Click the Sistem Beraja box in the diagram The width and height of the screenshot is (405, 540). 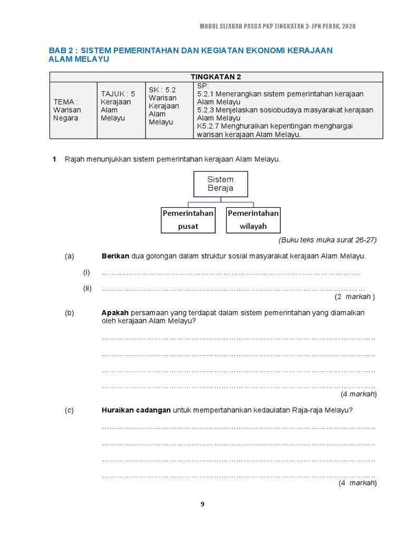[220, 184]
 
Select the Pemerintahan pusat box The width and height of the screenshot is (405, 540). [188, 219]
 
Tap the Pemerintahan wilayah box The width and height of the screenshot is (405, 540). [253, 219]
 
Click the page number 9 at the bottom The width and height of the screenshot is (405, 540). [202, 504]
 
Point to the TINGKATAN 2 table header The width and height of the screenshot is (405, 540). [216, 76]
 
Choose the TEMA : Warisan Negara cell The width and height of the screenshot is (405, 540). [66, 110]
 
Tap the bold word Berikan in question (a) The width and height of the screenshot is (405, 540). [115, 256]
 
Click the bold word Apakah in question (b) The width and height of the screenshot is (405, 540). [115, 313]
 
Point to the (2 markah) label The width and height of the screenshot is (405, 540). [354, 296]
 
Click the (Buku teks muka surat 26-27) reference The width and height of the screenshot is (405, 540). [327, 240]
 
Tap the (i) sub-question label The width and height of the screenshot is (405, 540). [86, 273]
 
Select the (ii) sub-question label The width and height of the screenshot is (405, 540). [87, 288]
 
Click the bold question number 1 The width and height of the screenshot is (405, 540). [54, 159]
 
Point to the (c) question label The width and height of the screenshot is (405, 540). [70, 411]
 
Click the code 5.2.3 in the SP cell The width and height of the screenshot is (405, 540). [206, 110]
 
